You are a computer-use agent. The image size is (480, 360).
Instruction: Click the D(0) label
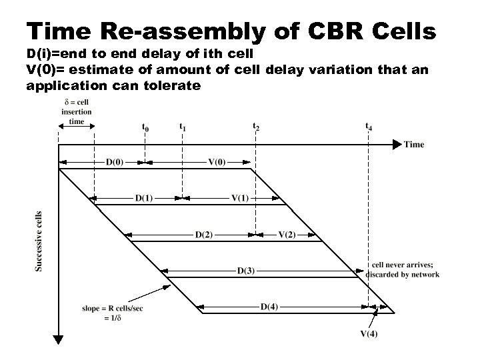point(114,161)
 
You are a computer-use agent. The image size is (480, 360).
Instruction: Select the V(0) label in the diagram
point(217,161)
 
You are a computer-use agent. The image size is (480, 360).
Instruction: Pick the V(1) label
point(240,197)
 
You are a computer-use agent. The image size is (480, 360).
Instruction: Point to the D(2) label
point(204,234)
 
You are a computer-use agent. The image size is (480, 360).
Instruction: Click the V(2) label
point(287,234)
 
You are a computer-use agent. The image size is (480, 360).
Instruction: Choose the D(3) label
point(245,270)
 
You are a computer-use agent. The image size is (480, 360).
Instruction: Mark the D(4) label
point(269,307)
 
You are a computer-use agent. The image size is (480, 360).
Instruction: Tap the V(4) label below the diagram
point(368,333)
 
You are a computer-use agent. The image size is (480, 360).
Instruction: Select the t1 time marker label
point(183,125)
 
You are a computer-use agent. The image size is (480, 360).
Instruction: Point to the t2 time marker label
point(256,125)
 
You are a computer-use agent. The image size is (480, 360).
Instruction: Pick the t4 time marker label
point(369,125)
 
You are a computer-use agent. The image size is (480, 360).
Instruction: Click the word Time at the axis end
point(413,144)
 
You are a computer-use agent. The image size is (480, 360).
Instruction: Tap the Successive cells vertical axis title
point(38,241)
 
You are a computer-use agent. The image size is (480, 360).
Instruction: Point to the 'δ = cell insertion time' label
point(77,111)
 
